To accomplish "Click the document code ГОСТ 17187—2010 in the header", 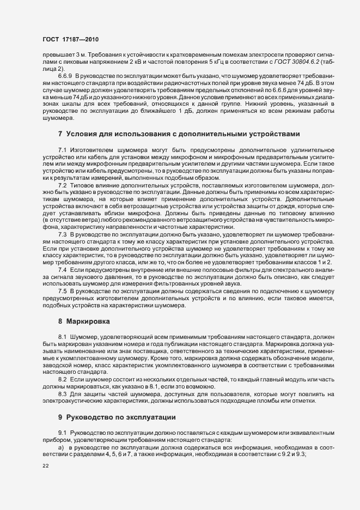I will tap(71, 39).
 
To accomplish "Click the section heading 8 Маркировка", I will tap(84, 322).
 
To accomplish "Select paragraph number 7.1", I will tap(63, 150).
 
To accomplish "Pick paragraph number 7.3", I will tap(63, 234).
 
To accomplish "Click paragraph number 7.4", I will tap(63, 270).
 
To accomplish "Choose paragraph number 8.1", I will tap(63, 337).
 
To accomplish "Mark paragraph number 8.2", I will tap(63, 379).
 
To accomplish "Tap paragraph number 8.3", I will tap(63, 393).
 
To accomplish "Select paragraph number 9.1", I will tap(63, 432).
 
